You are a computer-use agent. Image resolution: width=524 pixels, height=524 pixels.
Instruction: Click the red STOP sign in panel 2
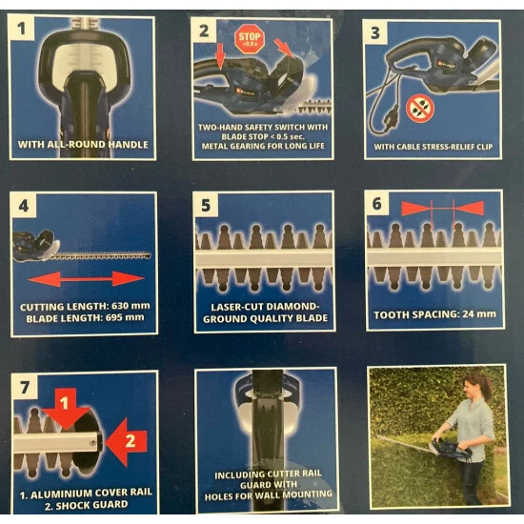250,39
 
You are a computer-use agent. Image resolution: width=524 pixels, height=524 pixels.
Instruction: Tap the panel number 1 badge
21,28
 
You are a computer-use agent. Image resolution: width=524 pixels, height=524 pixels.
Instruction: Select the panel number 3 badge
375,32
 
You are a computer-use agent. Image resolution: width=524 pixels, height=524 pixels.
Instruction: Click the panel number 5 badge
206,205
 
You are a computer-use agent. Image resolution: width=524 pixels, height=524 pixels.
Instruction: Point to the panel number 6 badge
377,204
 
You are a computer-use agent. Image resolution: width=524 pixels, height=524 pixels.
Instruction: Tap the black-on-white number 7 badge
25,388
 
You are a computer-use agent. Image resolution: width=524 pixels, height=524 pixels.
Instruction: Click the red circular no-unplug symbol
420,109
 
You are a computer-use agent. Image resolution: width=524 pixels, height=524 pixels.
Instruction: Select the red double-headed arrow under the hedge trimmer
86,279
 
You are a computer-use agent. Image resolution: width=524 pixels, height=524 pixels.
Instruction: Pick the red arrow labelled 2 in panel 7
126,441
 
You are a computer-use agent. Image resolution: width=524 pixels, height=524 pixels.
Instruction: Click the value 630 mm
131,306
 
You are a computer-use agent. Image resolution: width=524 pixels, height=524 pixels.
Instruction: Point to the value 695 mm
125,317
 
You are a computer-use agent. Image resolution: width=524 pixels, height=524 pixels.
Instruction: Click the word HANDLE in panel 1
129,145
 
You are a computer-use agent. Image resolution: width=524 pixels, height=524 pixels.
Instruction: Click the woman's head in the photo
475,384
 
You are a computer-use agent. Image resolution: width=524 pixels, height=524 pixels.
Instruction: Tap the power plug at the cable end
390,120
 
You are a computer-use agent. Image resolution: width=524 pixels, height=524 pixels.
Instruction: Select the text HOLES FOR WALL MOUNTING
269,495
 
